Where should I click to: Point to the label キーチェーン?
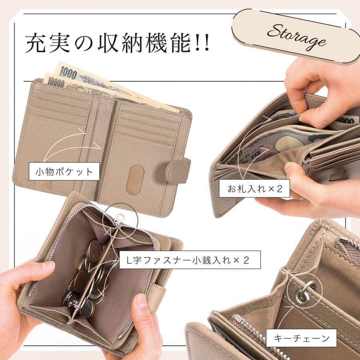(x=302, y=338)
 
